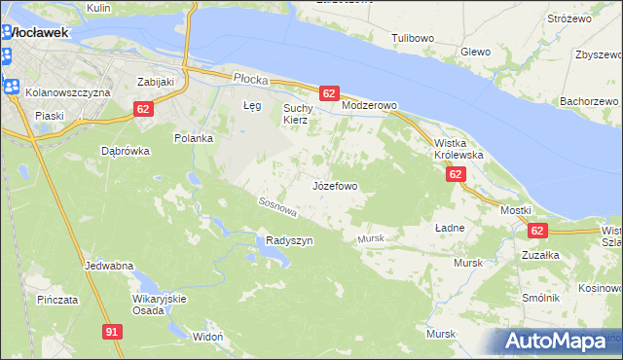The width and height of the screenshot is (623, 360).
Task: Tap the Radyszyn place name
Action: click(289, 240)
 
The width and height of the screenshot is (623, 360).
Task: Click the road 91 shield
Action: click(112, 333)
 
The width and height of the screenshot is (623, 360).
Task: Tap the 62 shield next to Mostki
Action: click(537, 231)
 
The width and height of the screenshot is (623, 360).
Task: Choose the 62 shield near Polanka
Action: click(143, 109)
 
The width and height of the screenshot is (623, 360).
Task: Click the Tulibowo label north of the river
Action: click(412, 38)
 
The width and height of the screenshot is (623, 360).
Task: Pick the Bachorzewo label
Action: click(590, 101)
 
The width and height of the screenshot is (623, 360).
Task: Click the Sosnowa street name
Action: click(276, 205)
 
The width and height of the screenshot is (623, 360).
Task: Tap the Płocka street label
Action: click(250, 76)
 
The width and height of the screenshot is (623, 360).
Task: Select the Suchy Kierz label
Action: click(296, 114)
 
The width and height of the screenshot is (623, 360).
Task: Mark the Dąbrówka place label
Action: click(125, 151)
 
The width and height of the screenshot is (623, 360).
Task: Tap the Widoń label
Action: click(208, 336)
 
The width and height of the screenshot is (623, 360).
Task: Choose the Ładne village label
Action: click(448, 227)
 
